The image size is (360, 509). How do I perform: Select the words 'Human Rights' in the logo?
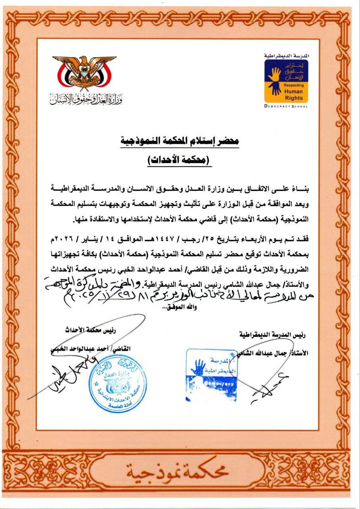tap(293, 95)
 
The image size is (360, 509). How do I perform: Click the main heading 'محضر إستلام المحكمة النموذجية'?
tap(180, 142)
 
